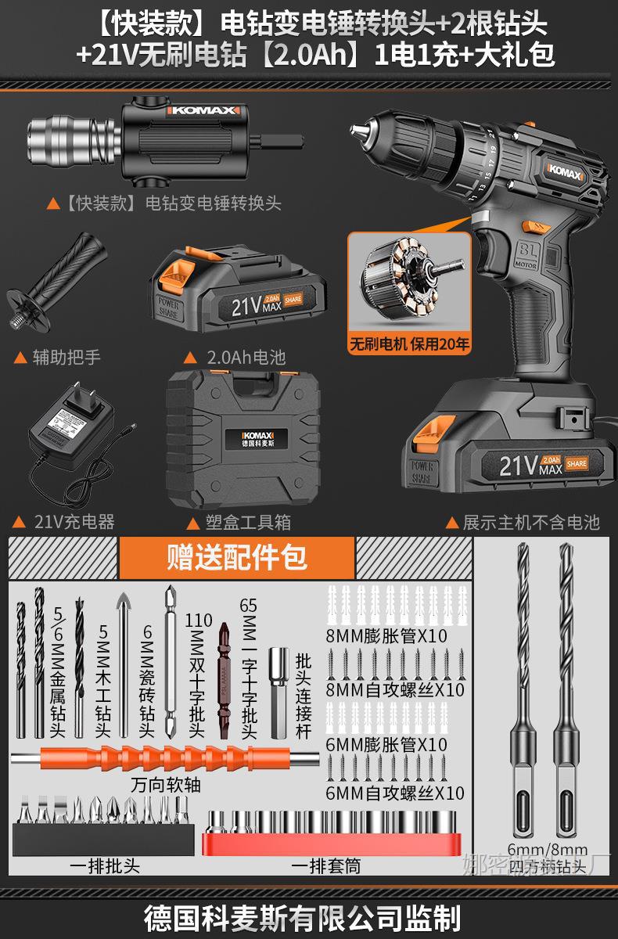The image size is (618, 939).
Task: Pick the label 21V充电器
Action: (x=74, y=521)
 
